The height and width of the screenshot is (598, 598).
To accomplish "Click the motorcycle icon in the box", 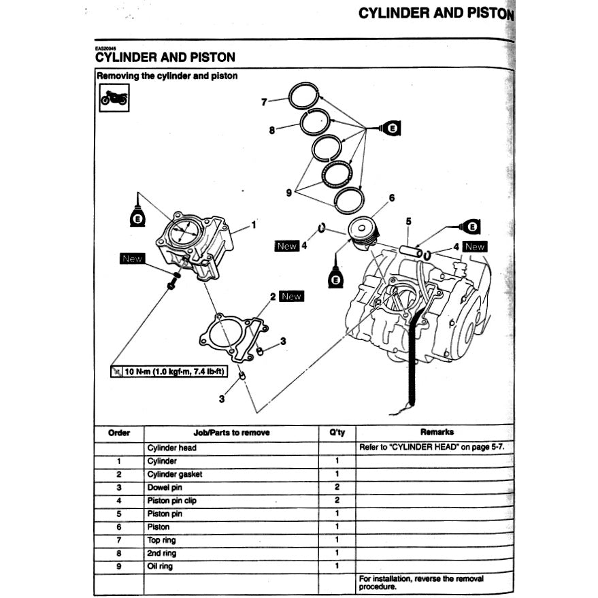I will [114, 99].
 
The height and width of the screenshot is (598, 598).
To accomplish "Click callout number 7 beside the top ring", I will [264, 103].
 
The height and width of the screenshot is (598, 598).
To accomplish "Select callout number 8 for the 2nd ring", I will [271, 129].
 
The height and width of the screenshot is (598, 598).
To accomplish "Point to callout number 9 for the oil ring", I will [288, 193].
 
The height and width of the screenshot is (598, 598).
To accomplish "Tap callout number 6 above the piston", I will [391, 199].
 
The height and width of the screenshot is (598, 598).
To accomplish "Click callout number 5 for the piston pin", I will [408, 221].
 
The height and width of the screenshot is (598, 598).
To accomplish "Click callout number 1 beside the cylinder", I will [253, 224].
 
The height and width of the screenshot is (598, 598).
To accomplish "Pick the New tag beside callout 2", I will [291, 297].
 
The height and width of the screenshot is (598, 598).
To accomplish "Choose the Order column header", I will [119, 433].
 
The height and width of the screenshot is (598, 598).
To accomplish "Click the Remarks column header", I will [437, 432].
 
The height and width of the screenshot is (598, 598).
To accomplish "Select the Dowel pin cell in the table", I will [163, 488].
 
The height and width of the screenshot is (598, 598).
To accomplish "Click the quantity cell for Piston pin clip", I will [337, 501].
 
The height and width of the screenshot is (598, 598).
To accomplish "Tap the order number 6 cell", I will [119, 527].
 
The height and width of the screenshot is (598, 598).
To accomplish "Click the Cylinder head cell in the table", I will [172, 448].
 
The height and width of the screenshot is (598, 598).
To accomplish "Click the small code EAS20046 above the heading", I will [106, 48].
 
